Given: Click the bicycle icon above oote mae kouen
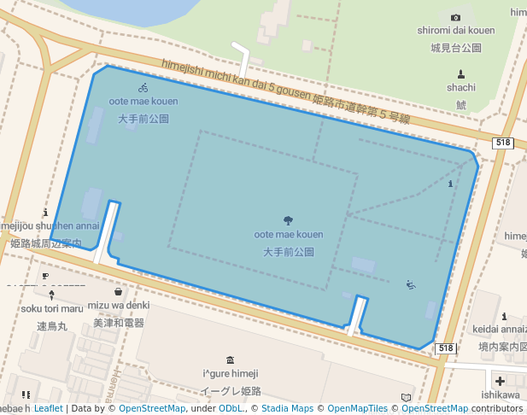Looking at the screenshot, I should point(143,87).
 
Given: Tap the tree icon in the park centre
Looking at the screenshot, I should point(288,220).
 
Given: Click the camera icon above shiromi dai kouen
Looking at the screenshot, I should point(455,17).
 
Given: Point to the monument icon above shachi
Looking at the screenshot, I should point(461,73).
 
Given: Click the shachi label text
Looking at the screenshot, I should point(461,87).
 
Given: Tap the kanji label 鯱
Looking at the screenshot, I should point(461,104).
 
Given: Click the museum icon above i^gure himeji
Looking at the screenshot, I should point(230,359).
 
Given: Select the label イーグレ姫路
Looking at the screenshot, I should point(230,391).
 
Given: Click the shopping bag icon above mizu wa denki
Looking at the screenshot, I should point(118,292).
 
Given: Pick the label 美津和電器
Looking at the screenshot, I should point(119,323).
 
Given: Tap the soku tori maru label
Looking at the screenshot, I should point(52,308).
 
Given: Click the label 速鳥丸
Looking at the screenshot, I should point(51,325).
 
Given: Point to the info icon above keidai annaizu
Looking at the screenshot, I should point(504,316).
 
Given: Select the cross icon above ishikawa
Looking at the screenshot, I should point(500,381).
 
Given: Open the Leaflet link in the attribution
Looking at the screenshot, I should point(48,409).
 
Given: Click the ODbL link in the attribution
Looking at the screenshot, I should point(230,409).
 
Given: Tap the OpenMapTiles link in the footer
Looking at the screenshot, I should point(358,409).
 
